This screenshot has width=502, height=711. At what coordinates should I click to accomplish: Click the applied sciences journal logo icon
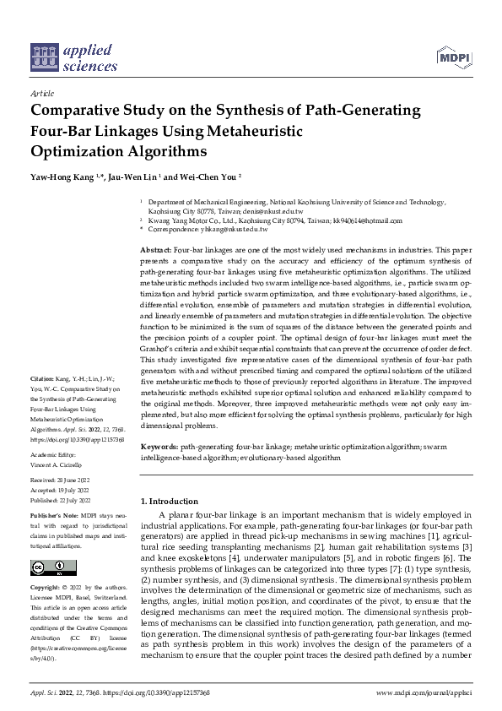(x=43, y=57)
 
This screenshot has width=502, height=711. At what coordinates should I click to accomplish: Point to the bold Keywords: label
(x=159, y=444)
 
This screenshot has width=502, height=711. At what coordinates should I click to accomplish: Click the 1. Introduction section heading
(x=169, y=502)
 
